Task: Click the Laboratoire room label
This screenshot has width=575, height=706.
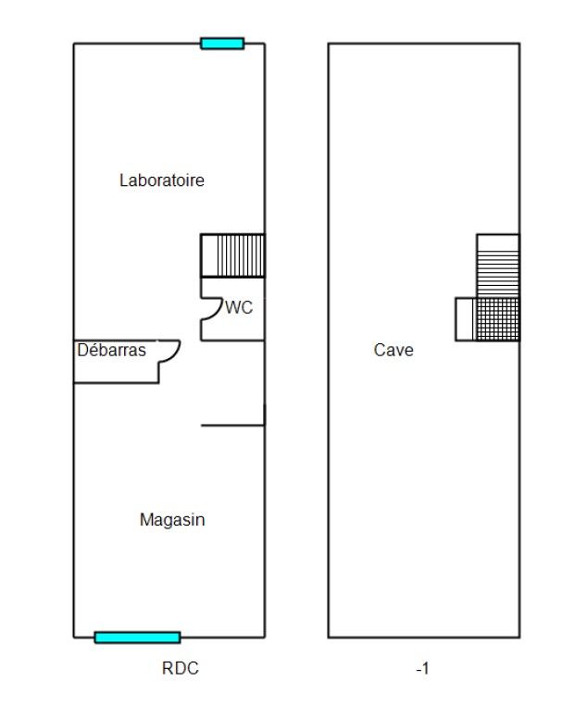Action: [x=162, y=180]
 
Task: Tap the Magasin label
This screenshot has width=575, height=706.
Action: [x=172, y=520]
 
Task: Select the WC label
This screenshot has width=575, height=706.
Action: [x=239, y=307]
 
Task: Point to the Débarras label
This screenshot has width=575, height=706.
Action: [x=111, y=350]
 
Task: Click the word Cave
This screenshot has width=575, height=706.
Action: [x=394, y=350]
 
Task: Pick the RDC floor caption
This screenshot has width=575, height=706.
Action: [x=181, y=668]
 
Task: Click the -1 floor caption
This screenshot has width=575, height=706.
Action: [x=422, y=669]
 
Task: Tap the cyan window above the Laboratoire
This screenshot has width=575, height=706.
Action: [x=222, y=43]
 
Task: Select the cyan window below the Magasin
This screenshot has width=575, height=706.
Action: [x=137, y=638]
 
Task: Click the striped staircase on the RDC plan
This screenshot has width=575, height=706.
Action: [x=241, y=255]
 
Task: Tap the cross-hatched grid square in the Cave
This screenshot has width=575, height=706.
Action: [x=498, y=319]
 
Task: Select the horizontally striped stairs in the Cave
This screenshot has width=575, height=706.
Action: [x=498, y=275]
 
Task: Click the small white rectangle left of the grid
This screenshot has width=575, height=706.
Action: [x=466, y=319]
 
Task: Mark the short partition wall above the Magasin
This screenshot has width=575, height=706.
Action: [x=232, y=425]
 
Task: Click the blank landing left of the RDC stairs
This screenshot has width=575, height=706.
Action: [x=209, y=255]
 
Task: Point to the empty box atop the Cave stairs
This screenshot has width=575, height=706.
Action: [x=498, y=243]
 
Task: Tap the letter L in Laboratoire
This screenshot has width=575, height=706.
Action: [x=123, y=180]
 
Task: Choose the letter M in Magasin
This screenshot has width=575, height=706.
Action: [x=145, y=520]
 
